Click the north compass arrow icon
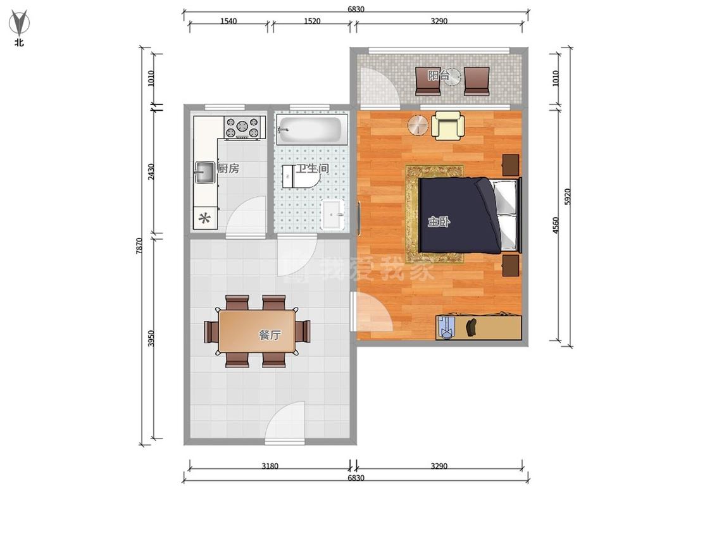pyautogui.click(x=19, y=23)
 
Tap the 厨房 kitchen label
pyautogui.click(x=228, y=168)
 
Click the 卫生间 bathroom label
pyautogui.click(x=312, y=168)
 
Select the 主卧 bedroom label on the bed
pyautogui.click(x=439, y=222)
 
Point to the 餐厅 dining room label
pyautogui.click(x=270, y=335)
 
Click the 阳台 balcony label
pyautogui.click(x=439, y=75)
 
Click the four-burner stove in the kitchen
pyautogui.click(x=242, y=128)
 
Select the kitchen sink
pyautogui.click(x=205, y=173)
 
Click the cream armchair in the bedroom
pyautogui.click(x=447, y=126)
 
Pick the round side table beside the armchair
pyautogui.click(x=417, y=125)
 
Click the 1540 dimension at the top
pyautogui.click(x=228, y=21)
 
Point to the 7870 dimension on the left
pyautogui.click(x=139, y=245)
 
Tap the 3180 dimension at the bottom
pyautogui.click(x=270, y=466)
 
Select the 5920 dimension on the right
pyautogui.click(x=568, y=196)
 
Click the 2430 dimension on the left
pyautogui.click(x=151, y=171)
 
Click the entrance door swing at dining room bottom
pyautogui.click(x=285, y=422)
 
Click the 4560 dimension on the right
pyautogui.click(x=556, y=225)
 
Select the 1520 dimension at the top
pyautogui.click(x=312, y=21)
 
